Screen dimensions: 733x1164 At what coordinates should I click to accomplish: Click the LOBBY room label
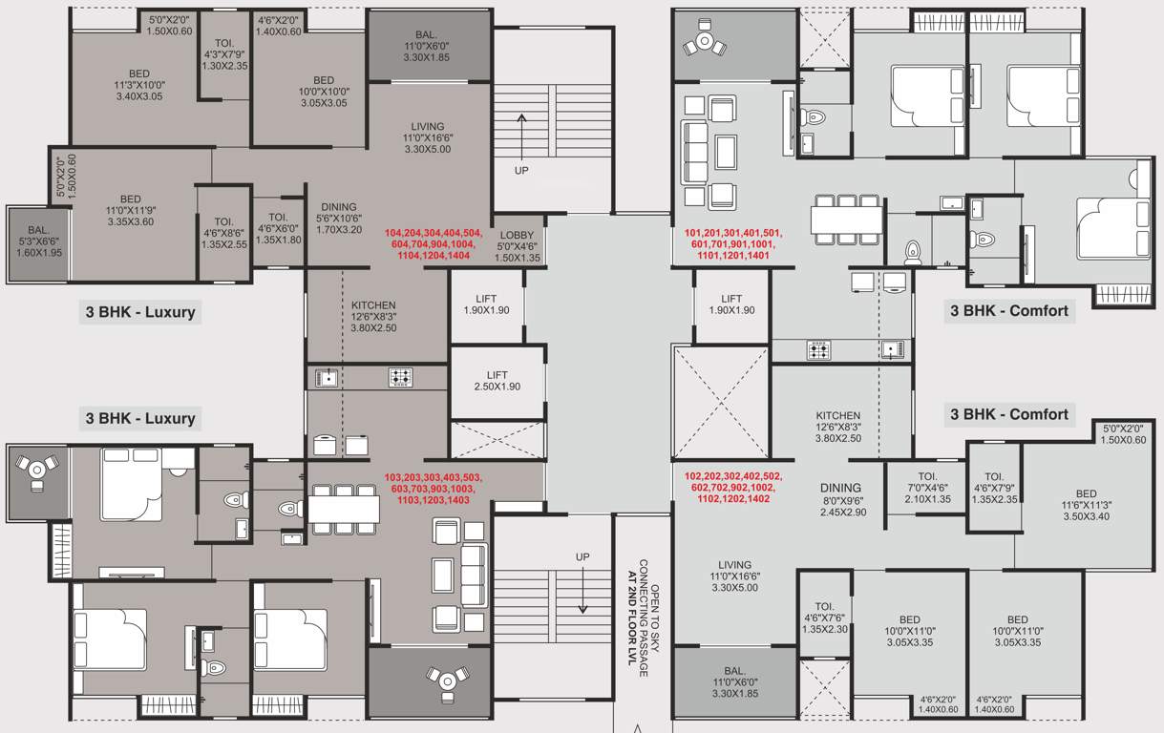518,245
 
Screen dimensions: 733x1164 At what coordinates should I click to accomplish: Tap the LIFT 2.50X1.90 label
497,381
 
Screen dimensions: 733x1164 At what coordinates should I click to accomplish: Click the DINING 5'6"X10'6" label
339,218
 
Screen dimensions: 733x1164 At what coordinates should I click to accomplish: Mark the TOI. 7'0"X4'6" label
927,487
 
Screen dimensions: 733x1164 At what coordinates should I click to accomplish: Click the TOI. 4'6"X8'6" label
224,232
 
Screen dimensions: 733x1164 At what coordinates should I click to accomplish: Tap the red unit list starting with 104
434,244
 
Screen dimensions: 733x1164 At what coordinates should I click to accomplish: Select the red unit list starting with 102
733,487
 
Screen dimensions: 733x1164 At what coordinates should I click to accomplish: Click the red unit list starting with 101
732,244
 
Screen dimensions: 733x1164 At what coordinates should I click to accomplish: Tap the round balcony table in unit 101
706,41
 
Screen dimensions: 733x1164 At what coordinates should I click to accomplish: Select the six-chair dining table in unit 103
345,510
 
